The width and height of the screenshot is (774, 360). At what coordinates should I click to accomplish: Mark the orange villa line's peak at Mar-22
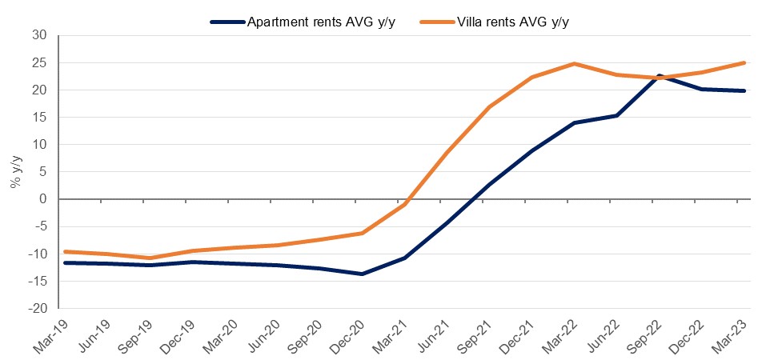point(575,63)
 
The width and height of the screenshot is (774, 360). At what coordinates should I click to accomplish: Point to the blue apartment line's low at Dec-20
point(362,274)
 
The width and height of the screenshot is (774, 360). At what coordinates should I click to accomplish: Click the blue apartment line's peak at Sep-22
point(660,76)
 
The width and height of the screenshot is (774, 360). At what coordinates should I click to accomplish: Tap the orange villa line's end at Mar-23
point(745,62)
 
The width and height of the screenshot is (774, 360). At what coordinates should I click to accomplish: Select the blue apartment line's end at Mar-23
point(745,90)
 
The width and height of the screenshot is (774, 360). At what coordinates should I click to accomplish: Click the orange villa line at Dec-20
point(362,233)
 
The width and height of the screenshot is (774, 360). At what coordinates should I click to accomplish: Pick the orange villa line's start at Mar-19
point(64,251)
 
